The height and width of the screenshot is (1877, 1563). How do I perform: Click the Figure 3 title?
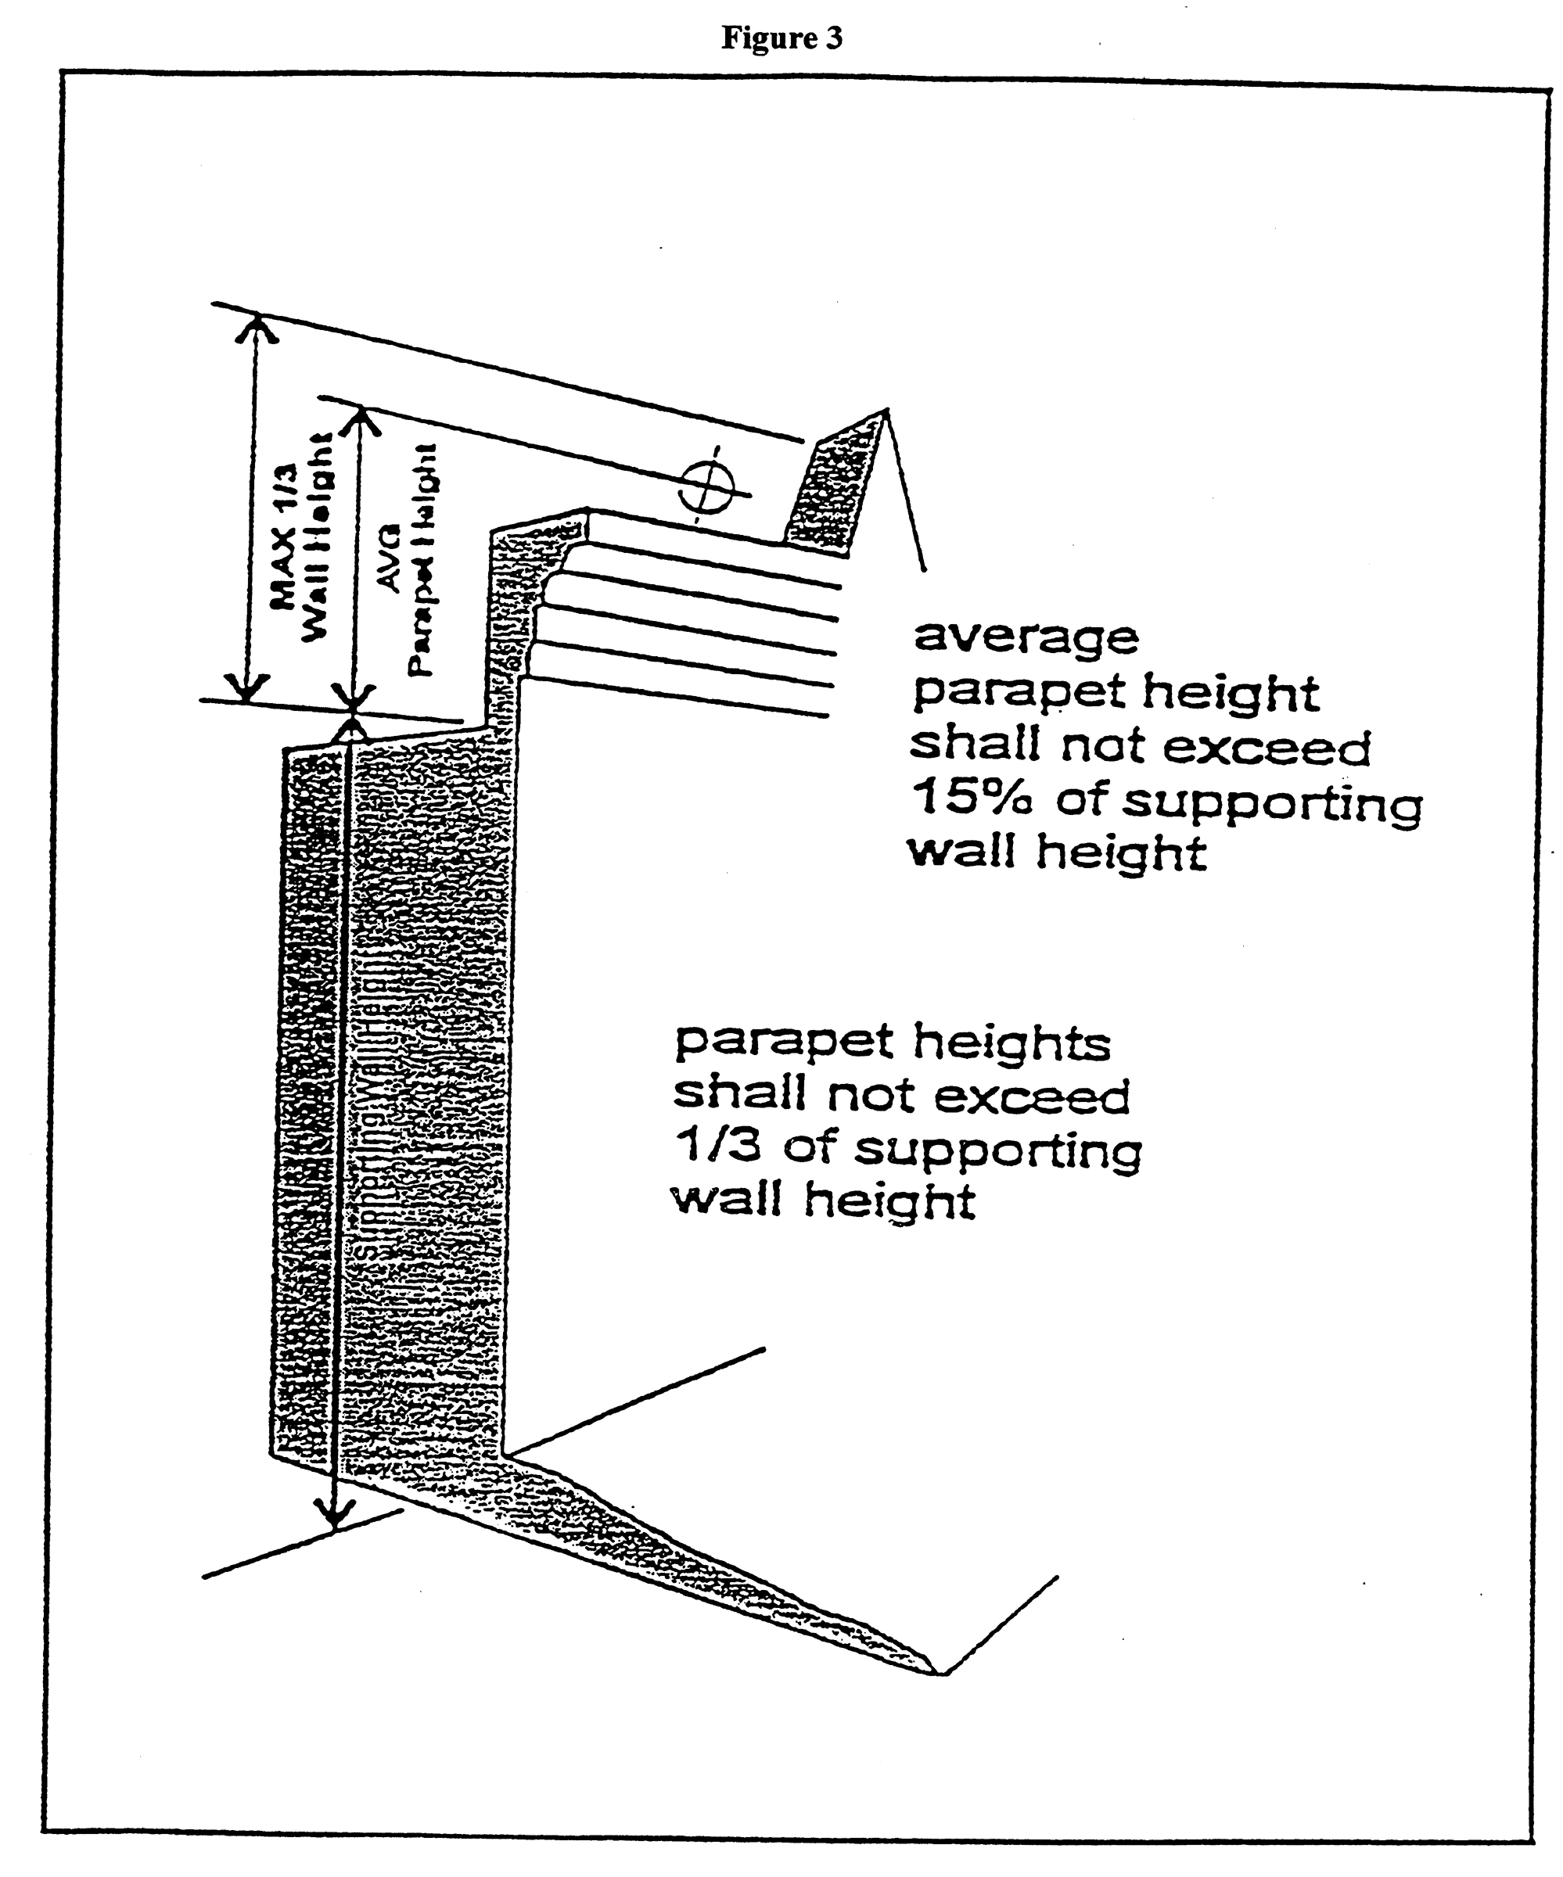tap(781, 38)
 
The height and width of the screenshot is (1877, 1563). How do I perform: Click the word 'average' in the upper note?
tap(1026, 638)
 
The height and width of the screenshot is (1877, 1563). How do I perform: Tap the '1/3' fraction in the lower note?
tap(718, 1146)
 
